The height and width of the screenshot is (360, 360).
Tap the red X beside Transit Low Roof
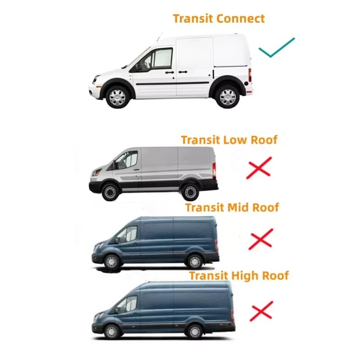tap(259, 166)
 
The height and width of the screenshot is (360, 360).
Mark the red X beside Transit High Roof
tap(261, 311)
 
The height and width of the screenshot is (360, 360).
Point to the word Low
tap(233, 140)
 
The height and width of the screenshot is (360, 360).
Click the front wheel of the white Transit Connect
tap(117, 96)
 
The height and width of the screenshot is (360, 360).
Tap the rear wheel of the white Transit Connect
tap(227, 96)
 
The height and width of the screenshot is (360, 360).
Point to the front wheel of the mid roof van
tap(112, 261)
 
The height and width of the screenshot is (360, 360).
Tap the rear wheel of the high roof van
tap(194, 331)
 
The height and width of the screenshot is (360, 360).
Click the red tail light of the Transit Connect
tap(250, 75)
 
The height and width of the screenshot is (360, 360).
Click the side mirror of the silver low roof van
tap(114, 166)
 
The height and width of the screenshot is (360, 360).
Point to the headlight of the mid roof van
tap(97, 246)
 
